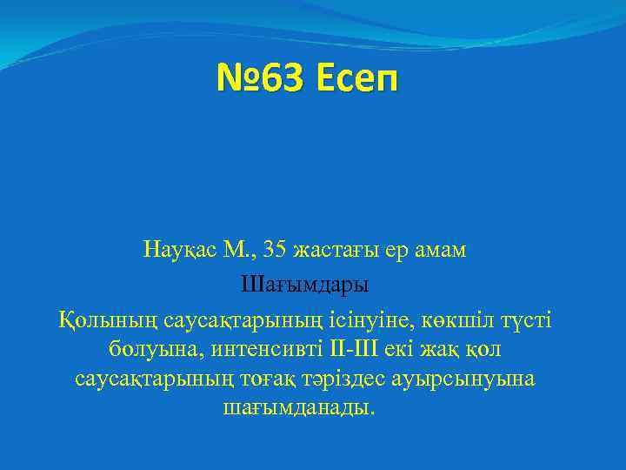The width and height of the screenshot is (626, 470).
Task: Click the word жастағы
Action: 330,250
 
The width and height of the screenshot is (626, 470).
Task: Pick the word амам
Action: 440,250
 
